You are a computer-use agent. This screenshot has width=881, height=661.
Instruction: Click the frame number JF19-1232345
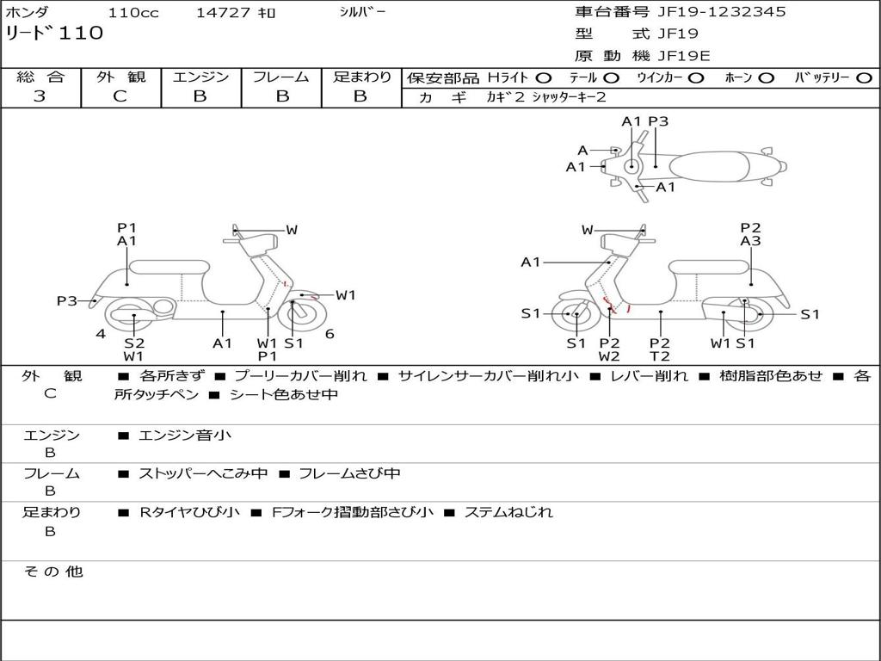[x=710, y=12]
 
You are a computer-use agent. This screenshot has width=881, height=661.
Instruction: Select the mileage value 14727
[x=221, y=13]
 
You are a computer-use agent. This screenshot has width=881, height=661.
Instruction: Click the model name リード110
[x=54, y=34]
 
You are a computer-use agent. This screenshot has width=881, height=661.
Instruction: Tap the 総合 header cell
[x=40, y=77]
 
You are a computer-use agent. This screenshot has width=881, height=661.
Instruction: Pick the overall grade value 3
[x=40, y=96]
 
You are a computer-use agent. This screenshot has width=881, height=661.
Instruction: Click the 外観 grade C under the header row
[x=120, y=96]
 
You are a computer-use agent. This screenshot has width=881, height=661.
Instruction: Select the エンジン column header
[x=200, y=77]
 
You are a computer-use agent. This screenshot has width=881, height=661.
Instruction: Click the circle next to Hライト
[x=544, y=78]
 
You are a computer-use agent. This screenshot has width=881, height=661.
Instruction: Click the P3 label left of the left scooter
[x=67, y=301]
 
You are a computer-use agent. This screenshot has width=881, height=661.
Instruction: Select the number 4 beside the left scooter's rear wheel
[x=101, y=334]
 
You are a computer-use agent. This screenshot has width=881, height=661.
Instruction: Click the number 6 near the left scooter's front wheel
[x=330, y=334]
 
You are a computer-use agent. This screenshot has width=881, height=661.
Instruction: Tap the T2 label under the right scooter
[x=660, y=356]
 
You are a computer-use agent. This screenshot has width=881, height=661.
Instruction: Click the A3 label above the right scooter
[x=750, y=242]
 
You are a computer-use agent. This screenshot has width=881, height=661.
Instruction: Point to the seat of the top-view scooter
[x=714, y=165]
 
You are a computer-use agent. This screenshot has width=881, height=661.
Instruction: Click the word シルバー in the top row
[x=362, y=12]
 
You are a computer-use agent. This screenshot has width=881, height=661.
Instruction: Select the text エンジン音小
[x=185, y=436]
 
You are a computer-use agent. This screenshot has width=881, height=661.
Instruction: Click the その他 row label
[x=53, y=571]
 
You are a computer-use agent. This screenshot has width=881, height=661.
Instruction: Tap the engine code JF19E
[x=683, y=56]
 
